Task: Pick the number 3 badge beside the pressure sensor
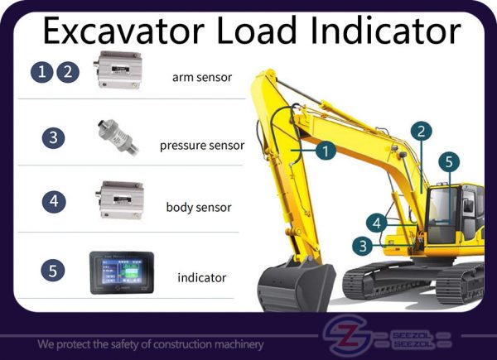coord(53,137)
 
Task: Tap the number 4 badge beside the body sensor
coord(53,199)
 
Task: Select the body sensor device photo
coord(116,199)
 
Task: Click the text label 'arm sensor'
coord(201,79)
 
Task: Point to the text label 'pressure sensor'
coord(202,145)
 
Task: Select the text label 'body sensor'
coord(198,207)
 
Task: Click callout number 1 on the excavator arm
coord(326,151)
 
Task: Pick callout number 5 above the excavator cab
coord(447,162)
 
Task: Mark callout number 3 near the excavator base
coord(363,244)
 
